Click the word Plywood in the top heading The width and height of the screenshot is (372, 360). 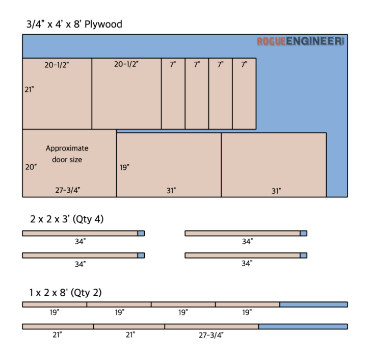point(103,24)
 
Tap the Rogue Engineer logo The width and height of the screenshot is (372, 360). point(301,41)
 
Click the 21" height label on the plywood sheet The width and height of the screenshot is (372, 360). point(29,90)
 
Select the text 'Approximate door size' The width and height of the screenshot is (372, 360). point(67,154)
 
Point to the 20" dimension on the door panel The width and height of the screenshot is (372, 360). point(31,167)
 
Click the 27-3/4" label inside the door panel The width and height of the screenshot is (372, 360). point(68,190)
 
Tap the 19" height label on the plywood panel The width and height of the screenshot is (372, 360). point(124,167)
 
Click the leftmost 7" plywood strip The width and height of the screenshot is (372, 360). point(173,94)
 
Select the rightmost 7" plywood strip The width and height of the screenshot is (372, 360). point(245,94)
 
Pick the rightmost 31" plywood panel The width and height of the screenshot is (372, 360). point(274,165)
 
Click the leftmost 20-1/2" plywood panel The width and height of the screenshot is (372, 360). point(57,94)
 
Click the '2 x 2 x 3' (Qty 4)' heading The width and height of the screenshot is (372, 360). point(67,219)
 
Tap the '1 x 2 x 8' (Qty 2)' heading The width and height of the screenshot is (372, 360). point(65,293)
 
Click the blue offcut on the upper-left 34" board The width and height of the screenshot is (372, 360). point(141,234)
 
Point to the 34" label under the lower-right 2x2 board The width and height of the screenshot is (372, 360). point(247,263)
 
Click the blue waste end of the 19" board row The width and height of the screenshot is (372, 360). point(313,304)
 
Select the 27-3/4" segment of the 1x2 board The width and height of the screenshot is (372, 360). point(211,326)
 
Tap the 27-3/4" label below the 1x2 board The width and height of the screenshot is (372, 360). point(211,335)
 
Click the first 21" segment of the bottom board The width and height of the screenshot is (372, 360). point(58,326)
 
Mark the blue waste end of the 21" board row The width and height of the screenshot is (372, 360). point(303,326)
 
